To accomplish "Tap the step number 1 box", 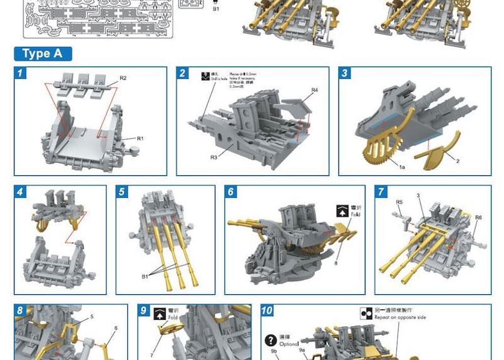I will pos(21,74).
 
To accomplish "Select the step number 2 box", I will pos(183,74).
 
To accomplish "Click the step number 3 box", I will pos(346,74).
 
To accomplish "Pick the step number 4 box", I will pos(21,192).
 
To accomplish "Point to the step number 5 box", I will pos(123,192).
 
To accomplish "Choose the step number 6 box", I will pos(232,192).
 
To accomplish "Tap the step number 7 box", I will pos(382,192).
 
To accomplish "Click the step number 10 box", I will pos(267,311).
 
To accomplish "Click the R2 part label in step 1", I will pos(123,78).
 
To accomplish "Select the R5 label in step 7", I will pos(399,202).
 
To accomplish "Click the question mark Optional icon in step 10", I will pos(270,340).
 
